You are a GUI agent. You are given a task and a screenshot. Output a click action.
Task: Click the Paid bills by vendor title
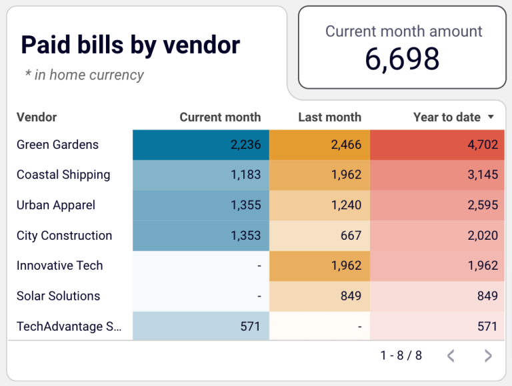(130, 45)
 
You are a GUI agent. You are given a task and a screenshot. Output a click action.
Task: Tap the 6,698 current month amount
(402, 59)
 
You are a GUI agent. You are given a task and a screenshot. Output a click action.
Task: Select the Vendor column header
(37, 117)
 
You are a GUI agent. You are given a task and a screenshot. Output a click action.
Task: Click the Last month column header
(329, 117)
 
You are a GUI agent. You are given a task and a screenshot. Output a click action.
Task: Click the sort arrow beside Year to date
(491, 117)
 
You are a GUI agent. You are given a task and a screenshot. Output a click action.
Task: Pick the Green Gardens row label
(57, 145)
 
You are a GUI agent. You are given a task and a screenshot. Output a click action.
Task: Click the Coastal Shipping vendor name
(63, 175)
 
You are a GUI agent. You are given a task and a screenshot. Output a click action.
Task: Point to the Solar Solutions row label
(58, 296)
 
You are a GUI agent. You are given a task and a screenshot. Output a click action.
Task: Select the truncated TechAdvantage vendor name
(69, 326)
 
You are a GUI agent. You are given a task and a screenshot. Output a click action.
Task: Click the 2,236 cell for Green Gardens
(245, 145)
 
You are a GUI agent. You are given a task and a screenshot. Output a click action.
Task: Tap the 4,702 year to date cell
(482, 145)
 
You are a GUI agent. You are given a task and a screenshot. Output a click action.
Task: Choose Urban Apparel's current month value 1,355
(245, 205)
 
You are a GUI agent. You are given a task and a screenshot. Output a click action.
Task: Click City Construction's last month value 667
(350, 235)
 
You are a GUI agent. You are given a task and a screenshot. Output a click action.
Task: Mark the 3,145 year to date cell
(482, 175)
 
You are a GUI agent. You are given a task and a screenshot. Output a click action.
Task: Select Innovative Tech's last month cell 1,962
(346, 265)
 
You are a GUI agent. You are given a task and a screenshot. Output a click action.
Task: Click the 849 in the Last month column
(350, 296)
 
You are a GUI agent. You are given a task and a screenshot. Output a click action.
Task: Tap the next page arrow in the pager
(488, 356)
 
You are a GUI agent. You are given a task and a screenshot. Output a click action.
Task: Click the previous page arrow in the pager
(451, 356)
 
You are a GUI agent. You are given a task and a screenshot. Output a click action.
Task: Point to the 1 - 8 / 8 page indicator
(401, 355)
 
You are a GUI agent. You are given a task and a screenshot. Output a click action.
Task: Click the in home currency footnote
(84, 75)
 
